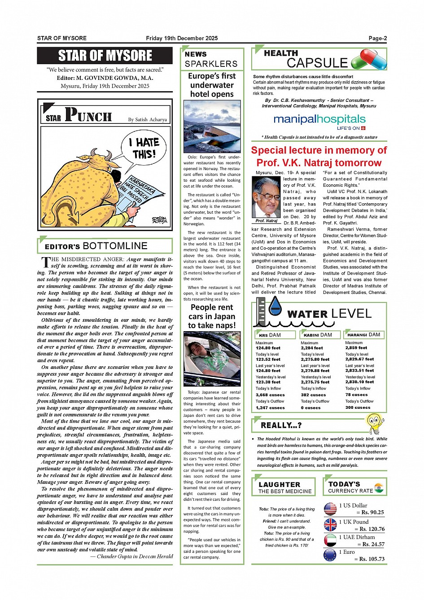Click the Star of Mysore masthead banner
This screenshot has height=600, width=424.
click(x=105, y=56)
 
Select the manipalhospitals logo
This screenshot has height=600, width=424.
click(x=319, y=119)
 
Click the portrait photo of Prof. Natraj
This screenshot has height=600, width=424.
click(x=266, y=197)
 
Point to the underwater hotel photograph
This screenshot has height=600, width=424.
click(x=212, y=127)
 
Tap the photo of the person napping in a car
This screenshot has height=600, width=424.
click(x=212, y=359)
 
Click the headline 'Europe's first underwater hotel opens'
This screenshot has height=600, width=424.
click(x=212, y=85)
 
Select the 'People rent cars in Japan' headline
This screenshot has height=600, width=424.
click(x=212, y=316)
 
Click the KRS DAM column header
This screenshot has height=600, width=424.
click(x=270, y=335)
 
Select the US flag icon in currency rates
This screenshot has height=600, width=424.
click(x=330, y=508)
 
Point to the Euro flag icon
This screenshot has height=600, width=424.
click(x=330, y=555)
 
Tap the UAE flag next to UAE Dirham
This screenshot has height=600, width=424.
click(x=330, y=540)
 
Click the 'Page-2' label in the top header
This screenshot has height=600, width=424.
click(x=377, y=39)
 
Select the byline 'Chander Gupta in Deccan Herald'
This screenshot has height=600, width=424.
click(x=131, y=556)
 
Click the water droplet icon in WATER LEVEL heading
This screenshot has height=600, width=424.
click(x=275, y=307)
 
